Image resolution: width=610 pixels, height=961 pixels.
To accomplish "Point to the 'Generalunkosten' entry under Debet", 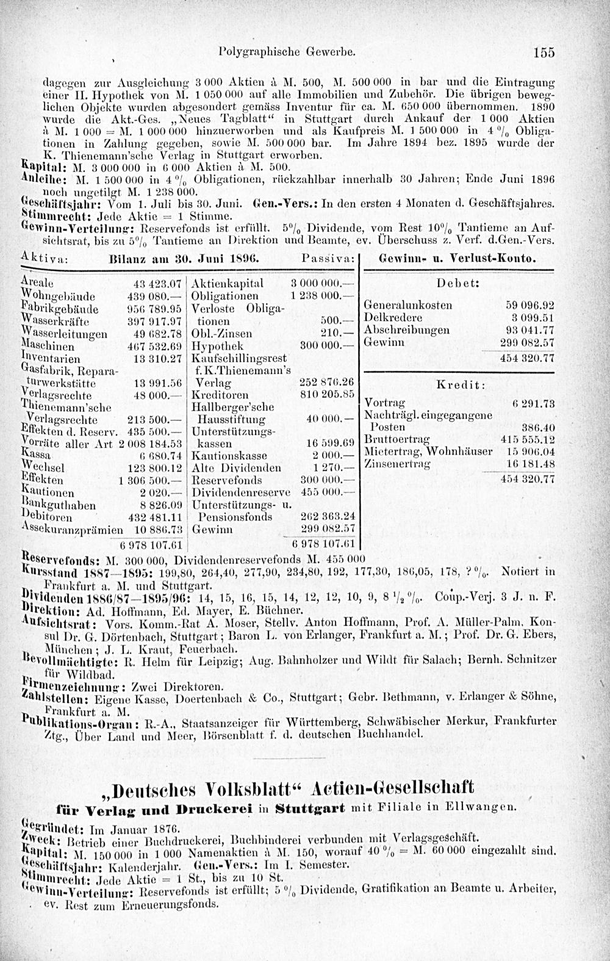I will click(x=407, y=305).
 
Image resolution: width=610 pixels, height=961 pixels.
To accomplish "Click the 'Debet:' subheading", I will click(x=457, y=284).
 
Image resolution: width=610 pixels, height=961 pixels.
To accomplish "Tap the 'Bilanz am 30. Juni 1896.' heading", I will click(x=184, y=259).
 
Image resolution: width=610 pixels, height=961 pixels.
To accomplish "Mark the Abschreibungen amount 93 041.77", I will click(x=528, y=330).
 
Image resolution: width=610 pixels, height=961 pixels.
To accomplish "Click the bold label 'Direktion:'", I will click(x=46, y=610).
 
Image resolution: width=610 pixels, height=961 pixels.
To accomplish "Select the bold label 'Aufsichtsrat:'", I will click(x=50, y=624).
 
